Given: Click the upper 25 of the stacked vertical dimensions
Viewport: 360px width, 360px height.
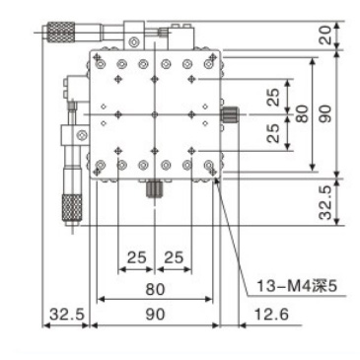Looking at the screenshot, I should tap(272, 96).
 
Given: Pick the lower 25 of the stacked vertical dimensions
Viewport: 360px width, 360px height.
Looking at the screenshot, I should tap(272, 132).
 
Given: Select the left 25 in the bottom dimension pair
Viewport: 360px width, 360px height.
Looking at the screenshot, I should tap(135, 258).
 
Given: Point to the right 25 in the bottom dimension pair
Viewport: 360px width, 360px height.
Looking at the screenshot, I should tap(174, 258).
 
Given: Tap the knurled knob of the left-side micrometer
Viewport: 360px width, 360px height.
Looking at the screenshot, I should tap(71, 208).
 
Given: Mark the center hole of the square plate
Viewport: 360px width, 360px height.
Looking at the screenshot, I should tap(154, 114).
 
